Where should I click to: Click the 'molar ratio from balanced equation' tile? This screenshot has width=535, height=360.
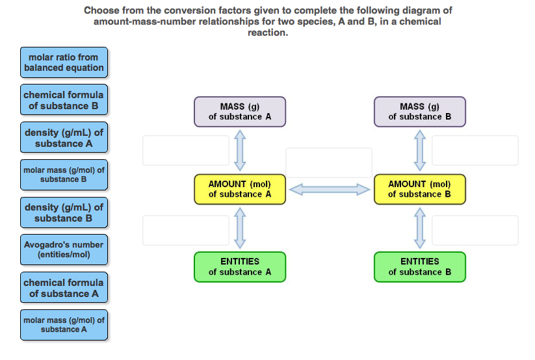(x=64, y=62)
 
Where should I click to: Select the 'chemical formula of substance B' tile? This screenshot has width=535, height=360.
(x=63, y=100)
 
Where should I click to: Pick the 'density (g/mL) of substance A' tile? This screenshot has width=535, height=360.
(x=64, y=138)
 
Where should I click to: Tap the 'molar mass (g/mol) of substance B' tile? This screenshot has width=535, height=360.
(x=64, y=175)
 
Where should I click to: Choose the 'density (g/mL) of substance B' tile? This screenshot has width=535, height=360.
(x=64, y=212)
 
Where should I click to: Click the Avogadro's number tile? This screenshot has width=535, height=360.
(x=64, y=250)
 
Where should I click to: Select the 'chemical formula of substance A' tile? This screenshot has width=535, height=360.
(x=64, y=288)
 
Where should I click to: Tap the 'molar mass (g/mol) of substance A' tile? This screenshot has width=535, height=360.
(x=64, y=325)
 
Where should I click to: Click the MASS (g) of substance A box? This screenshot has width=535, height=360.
(x=240, y=112)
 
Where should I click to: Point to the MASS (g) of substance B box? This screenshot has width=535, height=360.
(x=420, y=112)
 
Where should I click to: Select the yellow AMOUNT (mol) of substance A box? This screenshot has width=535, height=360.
(x=240, y=189)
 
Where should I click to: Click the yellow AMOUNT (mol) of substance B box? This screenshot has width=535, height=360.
(x=420, y=189)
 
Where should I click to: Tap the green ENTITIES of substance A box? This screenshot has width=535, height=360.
(x=240, y=266)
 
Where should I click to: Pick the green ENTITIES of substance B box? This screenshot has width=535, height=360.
(x=420, y=266)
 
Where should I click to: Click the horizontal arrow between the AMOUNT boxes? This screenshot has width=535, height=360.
(x=330, y=190)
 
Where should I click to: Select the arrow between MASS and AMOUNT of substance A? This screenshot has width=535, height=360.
(x=240, y=150)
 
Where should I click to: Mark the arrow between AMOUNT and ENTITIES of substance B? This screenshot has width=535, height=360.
(x=420, y=227)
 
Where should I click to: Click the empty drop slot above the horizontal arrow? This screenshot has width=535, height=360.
(x=329, y=162)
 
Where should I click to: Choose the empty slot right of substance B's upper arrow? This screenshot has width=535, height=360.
(x=475, y=150)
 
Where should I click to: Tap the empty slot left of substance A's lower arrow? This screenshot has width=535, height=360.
(x=186, y=230)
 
